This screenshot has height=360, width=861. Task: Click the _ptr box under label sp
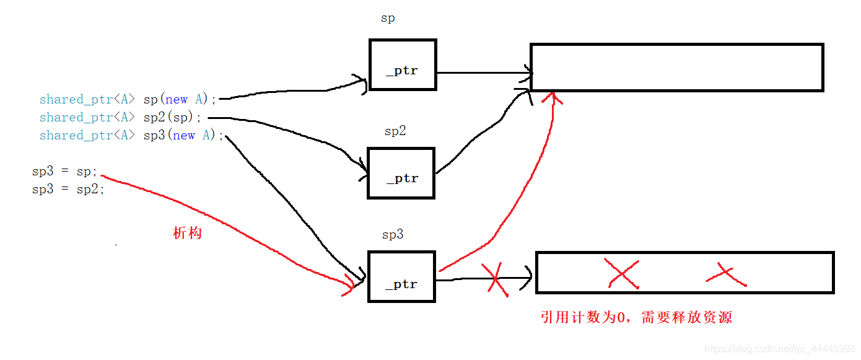[x=403, y=65]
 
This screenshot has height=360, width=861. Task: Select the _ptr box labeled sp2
[x=401, y=173]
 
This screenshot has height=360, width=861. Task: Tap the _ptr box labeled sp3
[x=401, y=276]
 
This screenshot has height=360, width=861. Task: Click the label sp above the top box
[x=388, y=19]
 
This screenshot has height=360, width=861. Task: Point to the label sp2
[x=395, y=131]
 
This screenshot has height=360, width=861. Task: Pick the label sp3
[x=393, y=235]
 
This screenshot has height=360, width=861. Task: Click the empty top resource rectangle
[x=676, y=68]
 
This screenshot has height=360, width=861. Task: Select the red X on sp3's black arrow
[x=495, y=278]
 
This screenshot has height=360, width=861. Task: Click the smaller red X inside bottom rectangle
[x=725, y=275]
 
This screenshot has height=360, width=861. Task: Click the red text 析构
[x=187, y=234]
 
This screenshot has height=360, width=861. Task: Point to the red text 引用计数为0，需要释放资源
[x=636, y=318]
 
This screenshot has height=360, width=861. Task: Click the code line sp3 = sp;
[x=65, y=172]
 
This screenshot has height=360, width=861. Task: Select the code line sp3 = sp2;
[x=68, y=190]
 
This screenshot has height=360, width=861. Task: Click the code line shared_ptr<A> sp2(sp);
[x=121, y=117]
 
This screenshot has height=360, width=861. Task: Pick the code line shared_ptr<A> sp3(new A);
[x=131, y=135]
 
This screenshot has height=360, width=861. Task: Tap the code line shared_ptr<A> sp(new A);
[x=128, y=99]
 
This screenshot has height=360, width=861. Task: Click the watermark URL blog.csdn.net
[x=780, y=349]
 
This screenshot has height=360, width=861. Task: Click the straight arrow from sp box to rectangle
[x=483, y=72]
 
